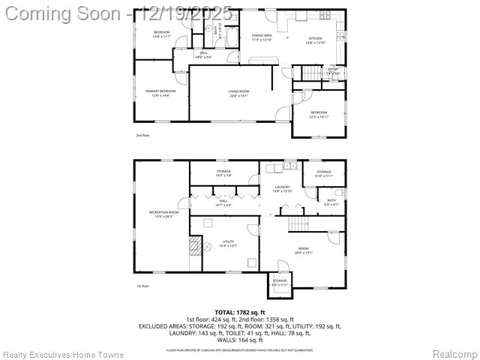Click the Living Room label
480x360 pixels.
point(238,94)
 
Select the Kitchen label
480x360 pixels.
point(316,40)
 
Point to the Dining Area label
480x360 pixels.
point(262,37)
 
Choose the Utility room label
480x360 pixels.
point(227,244)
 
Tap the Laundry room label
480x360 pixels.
point(282,188)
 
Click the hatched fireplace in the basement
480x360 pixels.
point(195,245)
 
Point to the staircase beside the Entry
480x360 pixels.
point(311,73)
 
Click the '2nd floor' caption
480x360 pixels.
point(142,136)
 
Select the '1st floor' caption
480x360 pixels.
point(142,286)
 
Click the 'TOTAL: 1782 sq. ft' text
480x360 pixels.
point(239,312)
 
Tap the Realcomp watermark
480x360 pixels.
point(454,353)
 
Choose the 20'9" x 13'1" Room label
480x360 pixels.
point(303,250)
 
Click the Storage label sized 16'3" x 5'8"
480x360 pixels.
point(223,173)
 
